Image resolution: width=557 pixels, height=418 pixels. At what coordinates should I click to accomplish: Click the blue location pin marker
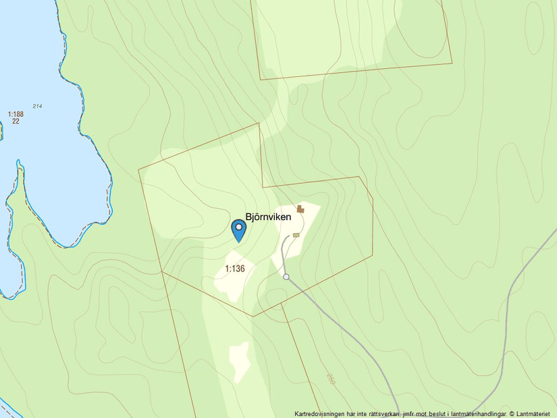tap(238, 230)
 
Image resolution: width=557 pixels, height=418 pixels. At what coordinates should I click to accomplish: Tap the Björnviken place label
tap(268, 217)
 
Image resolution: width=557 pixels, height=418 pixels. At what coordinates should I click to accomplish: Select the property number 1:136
tap(234, 269)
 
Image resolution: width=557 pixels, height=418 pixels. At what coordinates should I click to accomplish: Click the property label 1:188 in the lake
tap(16, 114)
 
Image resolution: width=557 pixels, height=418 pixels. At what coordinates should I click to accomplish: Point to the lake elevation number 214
tap(36, 106)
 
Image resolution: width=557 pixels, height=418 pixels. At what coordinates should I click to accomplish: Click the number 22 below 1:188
tap(16, 121)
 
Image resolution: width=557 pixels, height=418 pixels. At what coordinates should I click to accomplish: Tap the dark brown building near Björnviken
tap(300, 210)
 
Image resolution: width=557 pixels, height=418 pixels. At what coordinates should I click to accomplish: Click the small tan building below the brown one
tap(296, 235)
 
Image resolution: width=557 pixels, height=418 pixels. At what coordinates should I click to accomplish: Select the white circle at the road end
tap(286, 277)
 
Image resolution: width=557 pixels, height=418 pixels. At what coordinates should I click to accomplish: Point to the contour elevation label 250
tap(331, 379)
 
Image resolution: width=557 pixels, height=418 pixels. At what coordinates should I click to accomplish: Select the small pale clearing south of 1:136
tap(239, 361)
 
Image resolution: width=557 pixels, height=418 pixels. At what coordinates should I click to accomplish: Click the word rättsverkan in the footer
tap(380, 413)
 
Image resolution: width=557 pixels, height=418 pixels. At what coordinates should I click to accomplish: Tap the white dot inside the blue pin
tap(238, 227)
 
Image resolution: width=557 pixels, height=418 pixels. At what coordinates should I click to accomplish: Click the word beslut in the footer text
tap(431, 413)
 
